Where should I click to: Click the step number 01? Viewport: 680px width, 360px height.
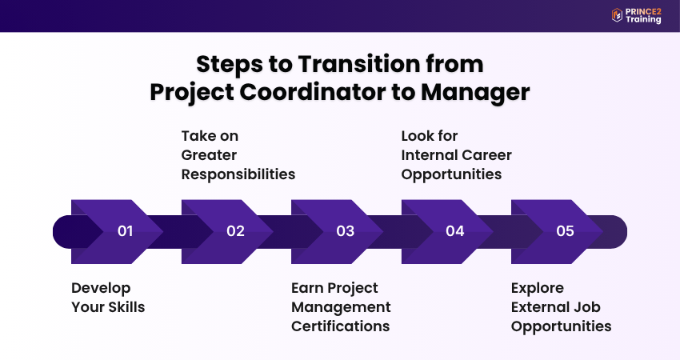[x=125, y=231]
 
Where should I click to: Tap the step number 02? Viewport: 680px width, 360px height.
[x=235, y=231]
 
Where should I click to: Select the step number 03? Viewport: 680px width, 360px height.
[x=345, y=231]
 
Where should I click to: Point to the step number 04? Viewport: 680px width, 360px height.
[x=455, y=231]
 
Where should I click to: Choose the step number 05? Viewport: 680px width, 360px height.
[x=565, y=231]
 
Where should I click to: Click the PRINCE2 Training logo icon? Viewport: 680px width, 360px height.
[x=617, y=14]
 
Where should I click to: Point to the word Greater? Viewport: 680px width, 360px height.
[x=209, y=154]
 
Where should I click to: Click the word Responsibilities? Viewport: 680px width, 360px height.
[x=238, y=174]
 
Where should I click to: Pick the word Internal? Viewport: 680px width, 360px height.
[x=428, y=154]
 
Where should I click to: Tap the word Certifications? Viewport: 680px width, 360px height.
[x=340, y=326]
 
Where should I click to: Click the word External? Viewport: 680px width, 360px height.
[x=540, y=306]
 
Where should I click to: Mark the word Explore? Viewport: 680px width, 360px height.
[x=538, y=287]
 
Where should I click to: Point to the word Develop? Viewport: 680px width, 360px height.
[x=101, y=287]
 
